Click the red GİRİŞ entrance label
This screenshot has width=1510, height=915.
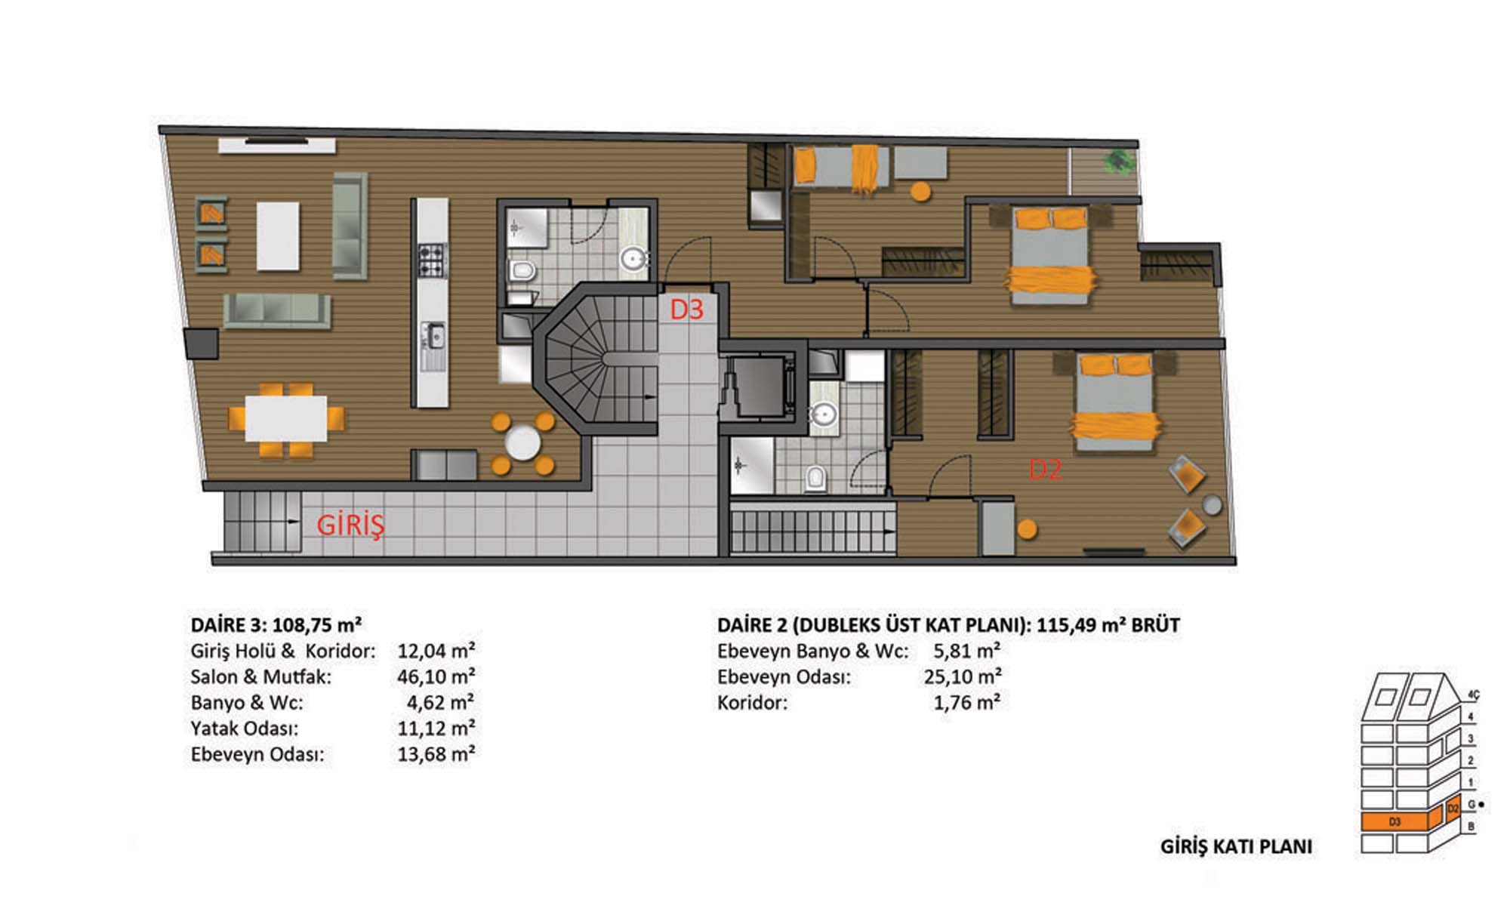(x=350, y=525)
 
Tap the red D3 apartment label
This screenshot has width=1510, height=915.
(x=687, y=309)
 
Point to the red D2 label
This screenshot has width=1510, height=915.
(x=1046, y=470)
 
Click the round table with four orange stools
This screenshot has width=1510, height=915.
(x=522, y=443)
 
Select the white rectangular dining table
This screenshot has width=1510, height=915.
(x=285, y=418)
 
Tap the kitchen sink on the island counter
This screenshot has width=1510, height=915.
(x=434, y=337)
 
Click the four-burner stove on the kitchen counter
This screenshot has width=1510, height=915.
(x=433, y=260)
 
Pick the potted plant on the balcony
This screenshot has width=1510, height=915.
(x=1118, y=160)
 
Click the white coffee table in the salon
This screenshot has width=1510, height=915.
(x=278, y=236)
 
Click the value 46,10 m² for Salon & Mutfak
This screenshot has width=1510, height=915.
(x=436, y=676)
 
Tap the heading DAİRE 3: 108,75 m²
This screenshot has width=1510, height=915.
(x=276, y=625)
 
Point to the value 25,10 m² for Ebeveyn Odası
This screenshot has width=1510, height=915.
(x=963, y=676)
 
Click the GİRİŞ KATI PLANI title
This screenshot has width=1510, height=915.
(x=1236, y=846)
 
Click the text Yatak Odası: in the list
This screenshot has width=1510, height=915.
(x=245, y=729)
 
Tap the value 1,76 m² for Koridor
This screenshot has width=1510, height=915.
(x=967, y=703)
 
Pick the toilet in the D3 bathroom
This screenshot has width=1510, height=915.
(x=522, y=270)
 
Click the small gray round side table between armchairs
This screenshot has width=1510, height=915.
(x=1212, y=505)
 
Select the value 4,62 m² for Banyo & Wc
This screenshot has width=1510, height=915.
(x=441, y=703)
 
